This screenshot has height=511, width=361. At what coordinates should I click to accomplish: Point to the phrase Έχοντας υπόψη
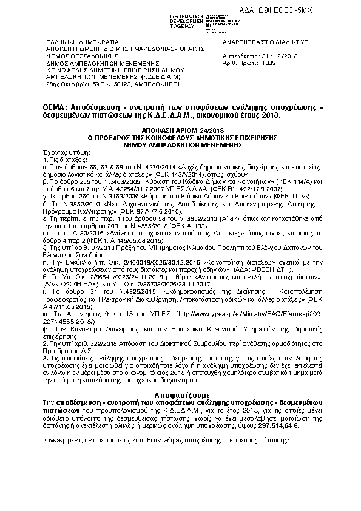59,149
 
